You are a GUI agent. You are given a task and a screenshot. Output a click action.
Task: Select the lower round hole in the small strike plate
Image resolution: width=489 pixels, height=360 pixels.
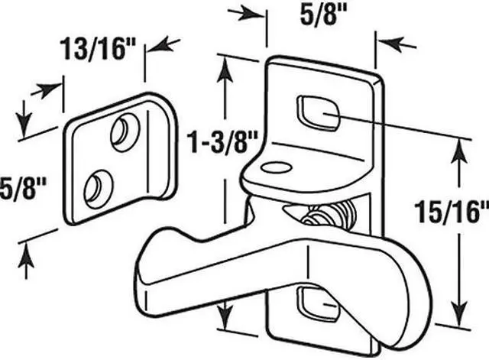(96, 186)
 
